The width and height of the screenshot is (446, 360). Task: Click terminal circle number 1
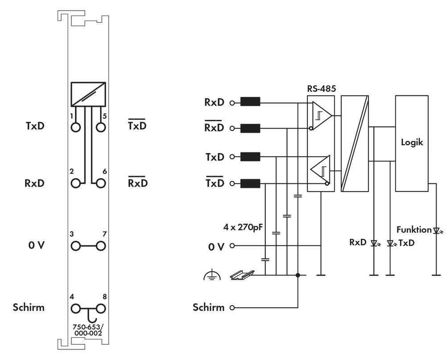pyautogui.click(x=76, y=127)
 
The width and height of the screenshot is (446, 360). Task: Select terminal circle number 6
pyautogui.click(x=101, y=183)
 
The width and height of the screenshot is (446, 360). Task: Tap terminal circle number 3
pyautogui.click(x=76, y=245)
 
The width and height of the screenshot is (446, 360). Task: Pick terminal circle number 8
pyautogui.click(x=101, y=308)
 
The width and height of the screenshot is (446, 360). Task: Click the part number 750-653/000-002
pyautogui.click(x=88, y=329)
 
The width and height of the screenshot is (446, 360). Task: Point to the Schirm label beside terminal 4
pyautogui.click(x=29, y=307)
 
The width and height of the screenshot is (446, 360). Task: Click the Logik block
pyautogui.click(x=412, y=143)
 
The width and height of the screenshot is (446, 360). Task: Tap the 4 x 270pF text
pyautogui.click(x=243, y=226)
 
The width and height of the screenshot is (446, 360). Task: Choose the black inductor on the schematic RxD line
pyautogui.click(x=250, y=102)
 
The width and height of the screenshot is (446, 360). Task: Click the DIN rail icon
pyautogui.click(x=243, y=274)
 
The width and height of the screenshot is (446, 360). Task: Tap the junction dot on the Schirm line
pyautogui.click(x=298, y=275)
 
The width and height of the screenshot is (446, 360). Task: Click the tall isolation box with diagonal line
pyautogui.click(x=355, y=143)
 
